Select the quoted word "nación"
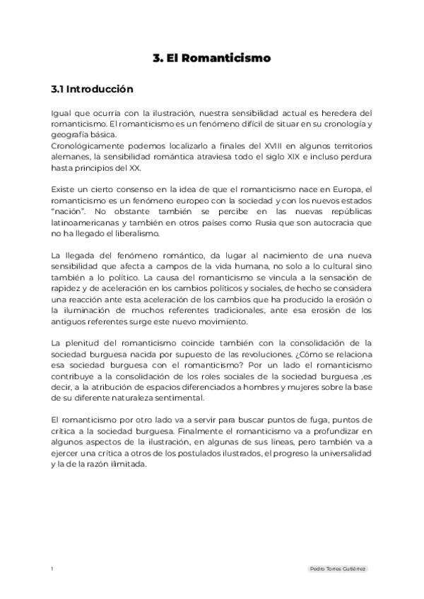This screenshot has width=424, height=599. click(66, 212)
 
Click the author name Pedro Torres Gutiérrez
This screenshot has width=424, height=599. click(339, 569)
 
